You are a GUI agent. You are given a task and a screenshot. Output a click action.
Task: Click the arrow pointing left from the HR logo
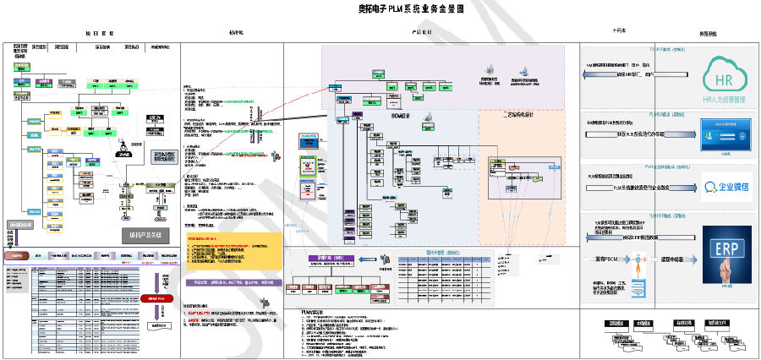(x=622, y=76)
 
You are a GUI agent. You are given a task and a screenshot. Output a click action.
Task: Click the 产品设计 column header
(x=421, y=32)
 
